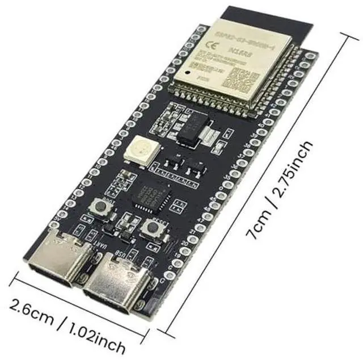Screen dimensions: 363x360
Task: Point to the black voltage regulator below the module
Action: pyautogui.click(x=187, y=131)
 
